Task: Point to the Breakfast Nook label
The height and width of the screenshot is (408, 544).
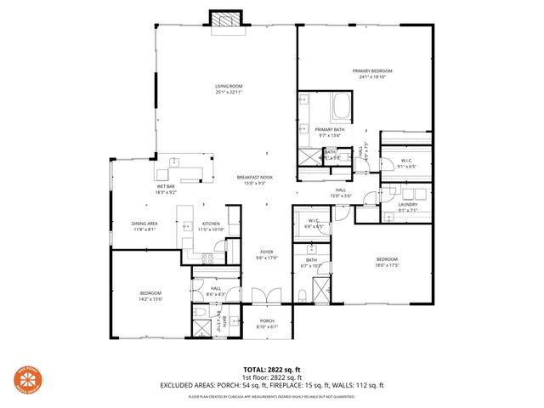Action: click(x=255, y=180)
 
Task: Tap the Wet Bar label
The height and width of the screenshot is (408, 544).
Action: click(x=165, y=189)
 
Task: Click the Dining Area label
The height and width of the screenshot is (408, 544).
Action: click(x=143, y=226)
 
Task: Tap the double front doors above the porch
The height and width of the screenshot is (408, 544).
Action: click(x=266, y=296)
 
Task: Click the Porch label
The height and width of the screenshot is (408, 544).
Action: click(x=267, y=324)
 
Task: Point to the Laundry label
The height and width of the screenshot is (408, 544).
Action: click(x=408, y=208)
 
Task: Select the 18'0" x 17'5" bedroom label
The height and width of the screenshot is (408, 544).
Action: click(x=388, y=263)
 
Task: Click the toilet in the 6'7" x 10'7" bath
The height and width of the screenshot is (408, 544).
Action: click(x=303, y=297)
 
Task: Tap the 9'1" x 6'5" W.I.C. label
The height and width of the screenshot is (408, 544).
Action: click(x=407, y=163)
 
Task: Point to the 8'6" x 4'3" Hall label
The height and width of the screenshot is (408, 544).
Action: click(x=217, y=292)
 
